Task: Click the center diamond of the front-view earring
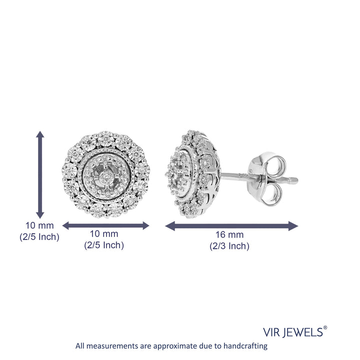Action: pos(105,176)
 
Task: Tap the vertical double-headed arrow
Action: pos(40,174)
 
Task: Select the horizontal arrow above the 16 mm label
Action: pos(231,226)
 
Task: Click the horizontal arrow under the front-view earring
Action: pos(106,225)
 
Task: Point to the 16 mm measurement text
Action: pos(229,235)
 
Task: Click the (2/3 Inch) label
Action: pos(229,246)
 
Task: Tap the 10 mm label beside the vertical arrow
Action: pos(39,225)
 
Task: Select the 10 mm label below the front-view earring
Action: pos(104,234)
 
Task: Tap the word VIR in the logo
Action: pos(271,332)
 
